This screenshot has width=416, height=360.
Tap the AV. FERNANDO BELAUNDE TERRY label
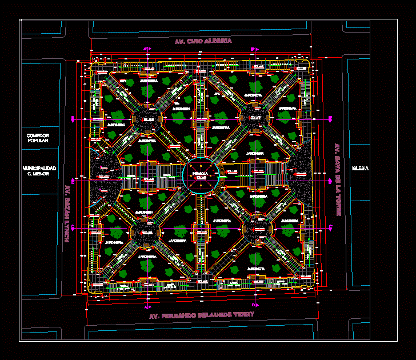201,315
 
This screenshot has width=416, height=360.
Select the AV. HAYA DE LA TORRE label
338,179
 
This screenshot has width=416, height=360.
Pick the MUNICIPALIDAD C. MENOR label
39,170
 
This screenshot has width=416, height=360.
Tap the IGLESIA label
361,168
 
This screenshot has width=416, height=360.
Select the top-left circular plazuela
147,119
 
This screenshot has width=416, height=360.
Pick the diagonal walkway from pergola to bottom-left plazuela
172,204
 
